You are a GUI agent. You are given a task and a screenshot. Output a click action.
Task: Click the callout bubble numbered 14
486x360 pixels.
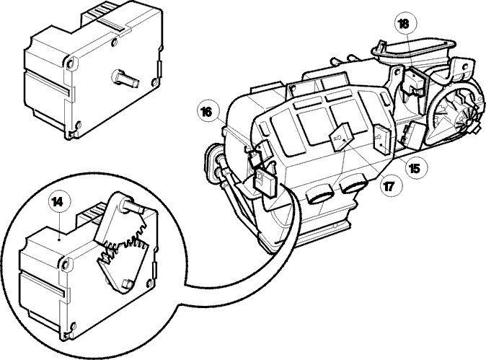point(58,202)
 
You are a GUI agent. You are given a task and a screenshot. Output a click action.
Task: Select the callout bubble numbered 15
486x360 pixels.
point(415,168)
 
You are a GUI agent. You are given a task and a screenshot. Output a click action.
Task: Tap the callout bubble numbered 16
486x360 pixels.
point(207,112)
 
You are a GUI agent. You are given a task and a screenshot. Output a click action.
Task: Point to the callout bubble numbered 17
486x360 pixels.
point(389,186)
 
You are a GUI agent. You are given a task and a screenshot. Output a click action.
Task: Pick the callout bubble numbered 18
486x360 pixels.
point(404,25)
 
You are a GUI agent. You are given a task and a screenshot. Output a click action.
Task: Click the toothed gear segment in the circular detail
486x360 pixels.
point(123,248)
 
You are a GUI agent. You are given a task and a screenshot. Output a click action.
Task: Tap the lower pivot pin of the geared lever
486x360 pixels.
point(127,284)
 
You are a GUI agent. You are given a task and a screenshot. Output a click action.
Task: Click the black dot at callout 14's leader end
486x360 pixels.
point(59,239)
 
